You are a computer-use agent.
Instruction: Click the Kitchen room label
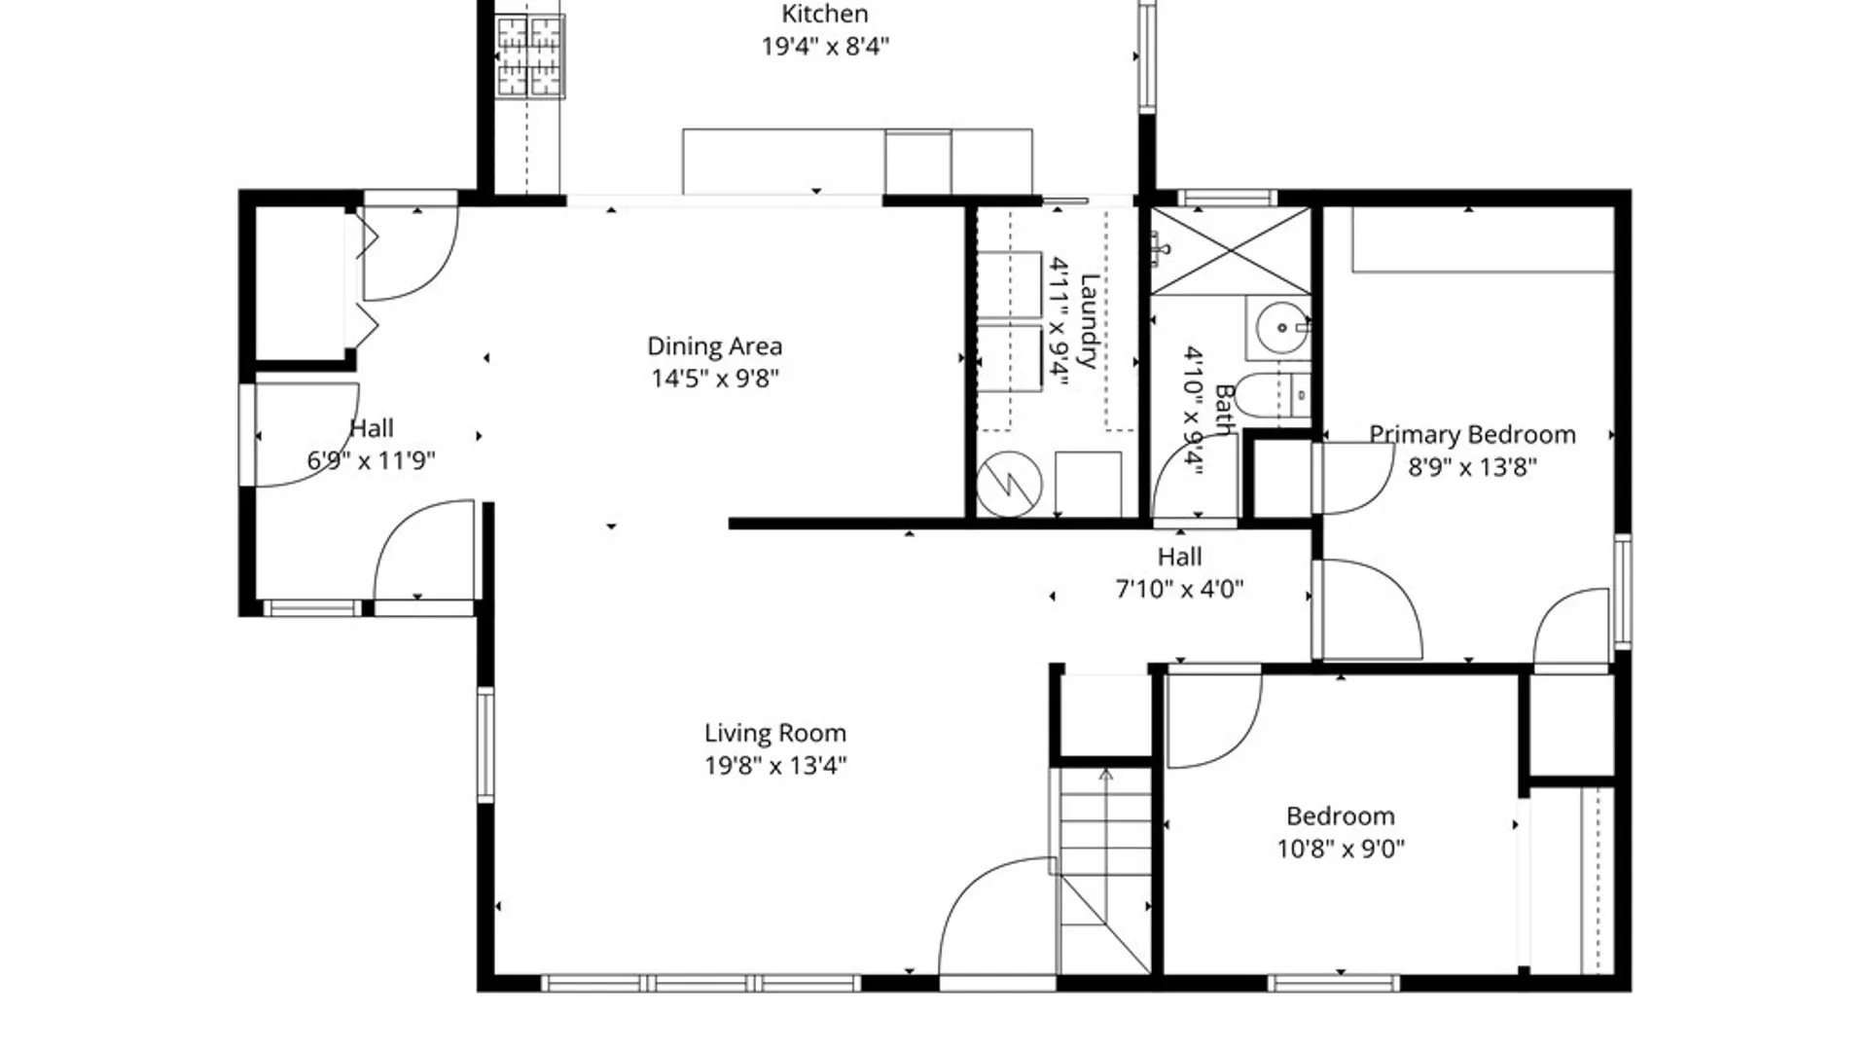pyautogui.click(x=825, y=14)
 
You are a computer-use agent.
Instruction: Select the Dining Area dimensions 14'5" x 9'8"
pyautogui.click(x=715, y=379)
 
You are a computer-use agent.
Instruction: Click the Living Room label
pyautogui.click(x=775, y=733)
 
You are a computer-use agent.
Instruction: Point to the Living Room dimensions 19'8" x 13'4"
pyautogui.click(x=775, y=766)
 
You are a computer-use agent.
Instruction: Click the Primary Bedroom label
pyautogui.click(x=1472, y=435)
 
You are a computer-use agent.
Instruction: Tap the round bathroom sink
pyautogui.click(x=1281, y=328)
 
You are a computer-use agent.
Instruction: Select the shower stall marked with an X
pyautogui.click(x=1231, y=250)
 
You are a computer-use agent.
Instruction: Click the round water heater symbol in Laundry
pyautogui.click(x=1010, y=484)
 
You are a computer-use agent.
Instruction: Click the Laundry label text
pyautogui.click(x=1089, y=321)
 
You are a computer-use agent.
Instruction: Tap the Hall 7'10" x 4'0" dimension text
pyautogui.click(x=1179, y=589)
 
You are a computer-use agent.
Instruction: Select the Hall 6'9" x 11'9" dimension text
pyautogui.click(x=371, y=460)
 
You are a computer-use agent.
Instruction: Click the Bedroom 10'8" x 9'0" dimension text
pyautogui.click(x=1341, y=849)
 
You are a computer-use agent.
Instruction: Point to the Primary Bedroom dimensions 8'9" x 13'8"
pyautogui.click(x=1472, y=467)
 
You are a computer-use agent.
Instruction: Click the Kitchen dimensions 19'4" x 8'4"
pyautogui.click(x=825, y=46)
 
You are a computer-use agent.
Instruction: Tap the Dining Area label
pyautogui.click(x=715, y=346)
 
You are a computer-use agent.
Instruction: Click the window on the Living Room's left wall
pyautogui.click(x=485, y=744)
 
